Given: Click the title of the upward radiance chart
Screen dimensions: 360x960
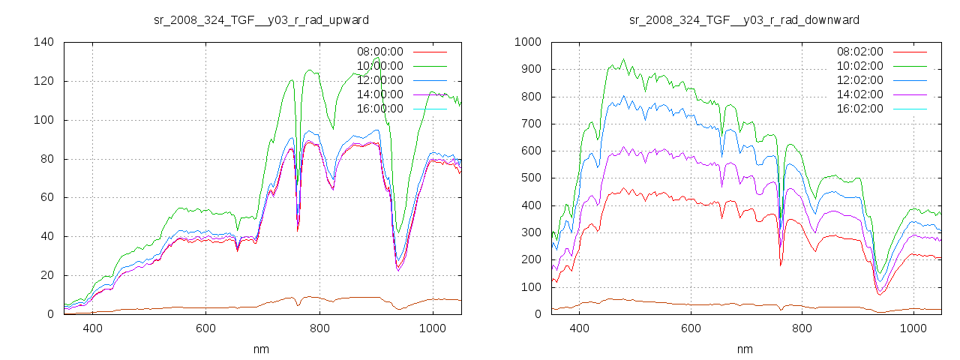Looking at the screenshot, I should [260, 19].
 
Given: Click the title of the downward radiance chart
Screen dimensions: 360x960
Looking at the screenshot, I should [744, 19].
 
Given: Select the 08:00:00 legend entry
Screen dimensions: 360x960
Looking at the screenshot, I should [379, 52].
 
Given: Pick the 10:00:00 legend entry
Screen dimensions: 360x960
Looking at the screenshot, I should [379, 66].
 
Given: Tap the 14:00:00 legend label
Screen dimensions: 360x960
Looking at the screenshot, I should [379, 94].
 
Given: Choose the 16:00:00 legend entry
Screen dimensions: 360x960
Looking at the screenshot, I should [379, 109].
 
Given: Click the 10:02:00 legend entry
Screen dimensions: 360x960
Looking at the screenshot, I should [859, 66].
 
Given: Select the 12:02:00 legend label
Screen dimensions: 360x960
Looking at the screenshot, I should [859, 80].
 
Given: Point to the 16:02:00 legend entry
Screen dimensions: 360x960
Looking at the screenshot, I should [859, 109].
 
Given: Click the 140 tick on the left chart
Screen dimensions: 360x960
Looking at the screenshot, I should [43, 42].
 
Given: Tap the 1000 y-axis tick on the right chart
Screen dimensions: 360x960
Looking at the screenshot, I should [527, 42].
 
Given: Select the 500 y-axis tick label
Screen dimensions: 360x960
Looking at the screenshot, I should [530, 178].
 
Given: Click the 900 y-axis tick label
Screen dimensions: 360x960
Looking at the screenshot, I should [530, 69].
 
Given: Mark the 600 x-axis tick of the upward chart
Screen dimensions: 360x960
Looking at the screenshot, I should [206, 328].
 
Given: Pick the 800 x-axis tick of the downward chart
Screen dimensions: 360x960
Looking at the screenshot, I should [802, 328].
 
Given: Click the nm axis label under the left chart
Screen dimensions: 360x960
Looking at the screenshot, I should [262, 349].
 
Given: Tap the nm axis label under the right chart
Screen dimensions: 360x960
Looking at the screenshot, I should [744, 349].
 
